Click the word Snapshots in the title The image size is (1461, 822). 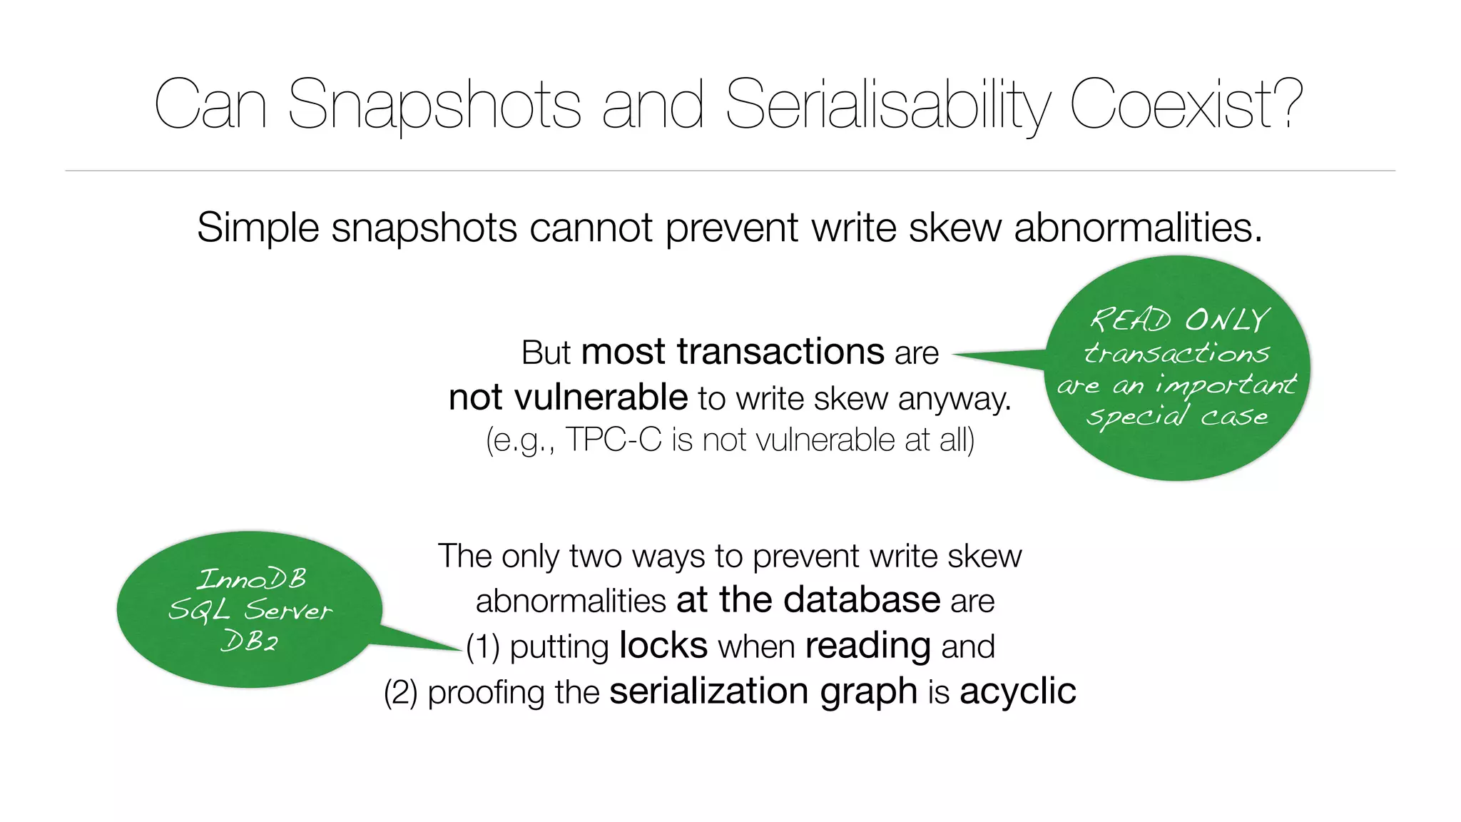[434, 105]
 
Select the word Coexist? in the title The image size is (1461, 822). [1186, 105]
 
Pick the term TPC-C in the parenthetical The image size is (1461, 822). [614, 440]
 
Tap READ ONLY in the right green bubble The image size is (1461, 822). [1180, 320]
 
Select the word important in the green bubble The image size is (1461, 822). [1225, 385]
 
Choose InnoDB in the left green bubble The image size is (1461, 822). [252, 579]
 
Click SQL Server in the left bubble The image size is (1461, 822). [250, 611]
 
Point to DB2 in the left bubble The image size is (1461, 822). [250, 641]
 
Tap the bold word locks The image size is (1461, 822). [663, 646]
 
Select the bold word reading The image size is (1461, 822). [868, 646]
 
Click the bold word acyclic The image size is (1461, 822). [1018, 691]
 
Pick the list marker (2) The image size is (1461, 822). [400, 693]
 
